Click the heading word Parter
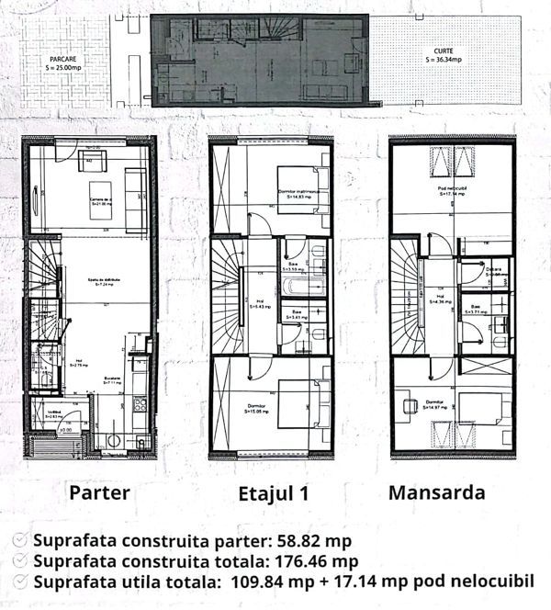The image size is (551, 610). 98,491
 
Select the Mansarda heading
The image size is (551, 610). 436,491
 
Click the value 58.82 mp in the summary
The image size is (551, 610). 309,540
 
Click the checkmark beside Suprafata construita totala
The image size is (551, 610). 20,560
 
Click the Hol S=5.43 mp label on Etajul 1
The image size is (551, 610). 261,303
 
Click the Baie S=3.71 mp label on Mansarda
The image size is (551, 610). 477,310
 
